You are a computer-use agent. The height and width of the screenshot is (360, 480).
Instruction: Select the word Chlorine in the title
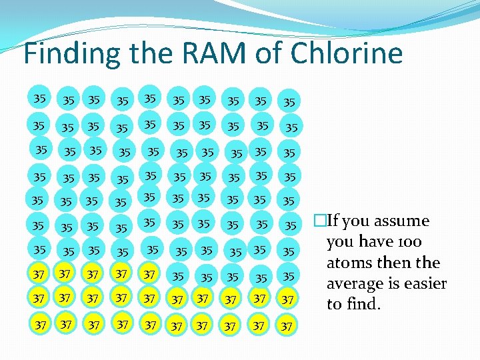click(350, 53)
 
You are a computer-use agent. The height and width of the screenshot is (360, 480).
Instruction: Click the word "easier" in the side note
click(419, 284)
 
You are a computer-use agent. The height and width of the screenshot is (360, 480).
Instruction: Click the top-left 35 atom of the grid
click(40, 99)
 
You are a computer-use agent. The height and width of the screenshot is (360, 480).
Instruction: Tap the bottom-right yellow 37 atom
click(287, 326)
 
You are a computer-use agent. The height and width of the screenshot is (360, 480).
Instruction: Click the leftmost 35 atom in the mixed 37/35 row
click(178, 276)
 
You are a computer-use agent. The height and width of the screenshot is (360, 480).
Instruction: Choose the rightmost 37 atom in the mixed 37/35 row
click(149, 274)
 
